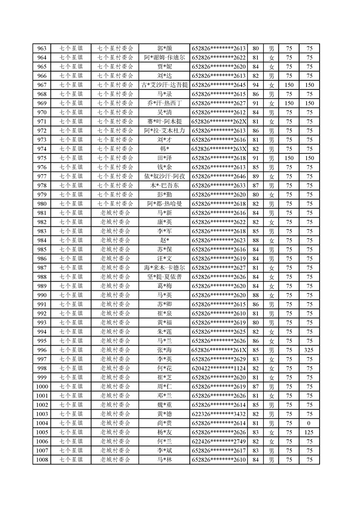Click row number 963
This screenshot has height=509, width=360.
click(42, 49)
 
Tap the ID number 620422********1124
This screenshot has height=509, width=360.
click(219, 368)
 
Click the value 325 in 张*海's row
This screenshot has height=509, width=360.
click(309, 350)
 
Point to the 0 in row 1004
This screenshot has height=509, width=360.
click(309, 423)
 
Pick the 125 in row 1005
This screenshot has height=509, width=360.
click(309, 432)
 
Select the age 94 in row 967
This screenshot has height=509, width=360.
click(255, 85)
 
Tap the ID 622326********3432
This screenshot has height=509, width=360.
click(219, 414)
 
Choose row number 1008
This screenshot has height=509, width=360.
click(42, 460)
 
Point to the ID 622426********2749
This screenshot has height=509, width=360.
click(219, 441)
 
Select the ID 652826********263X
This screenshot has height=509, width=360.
click(219, 149)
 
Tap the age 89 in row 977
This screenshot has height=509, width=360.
click(255, 176)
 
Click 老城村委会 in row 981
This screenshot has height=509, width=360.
click(115, 213)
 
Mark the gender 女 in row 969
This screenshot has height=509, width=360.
click(271, 103)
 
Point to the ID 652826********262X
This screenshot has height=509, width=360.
click(219, 122)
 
